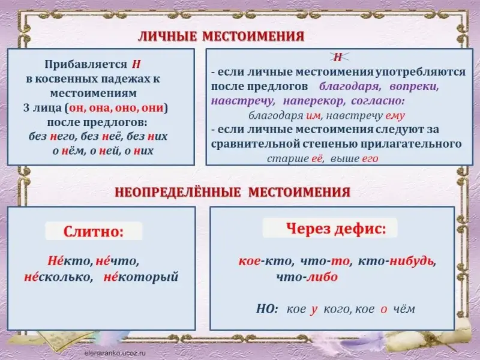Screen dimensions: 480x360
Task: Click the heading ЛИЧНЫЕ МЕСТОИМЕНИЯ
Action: coord(221,37)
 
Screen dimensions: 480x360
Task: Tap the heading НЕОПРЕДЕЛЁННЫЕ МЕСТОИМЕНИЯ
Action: coord(233,192)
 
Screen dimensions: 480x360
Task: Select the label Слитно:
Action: coord(94,232)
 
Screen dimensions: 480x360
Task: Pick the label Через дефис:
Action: coord(336,228)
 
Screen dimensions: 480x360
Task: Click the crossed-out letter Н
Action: coord(337,57)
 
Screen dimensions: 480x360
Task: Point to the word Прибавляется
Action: coord(86,65)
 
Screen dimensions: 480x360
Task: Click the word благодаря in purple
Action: coord(350,86)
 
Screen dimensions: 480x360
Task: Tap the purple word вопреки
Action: coord(414,86)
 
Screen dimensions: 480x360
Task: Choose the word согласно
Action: coord(378,101)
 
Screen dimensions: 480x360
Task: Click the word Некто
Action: coord(70,261)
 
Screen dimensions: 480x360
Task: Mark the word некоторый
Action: coord(141,277)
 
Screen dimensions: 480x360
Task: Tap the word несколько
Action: coord(58,277)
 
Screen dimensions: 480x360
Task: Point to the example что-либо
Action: coord(307,277)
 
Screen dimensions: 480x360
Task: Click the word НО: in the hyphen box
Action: coord(267,309)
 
